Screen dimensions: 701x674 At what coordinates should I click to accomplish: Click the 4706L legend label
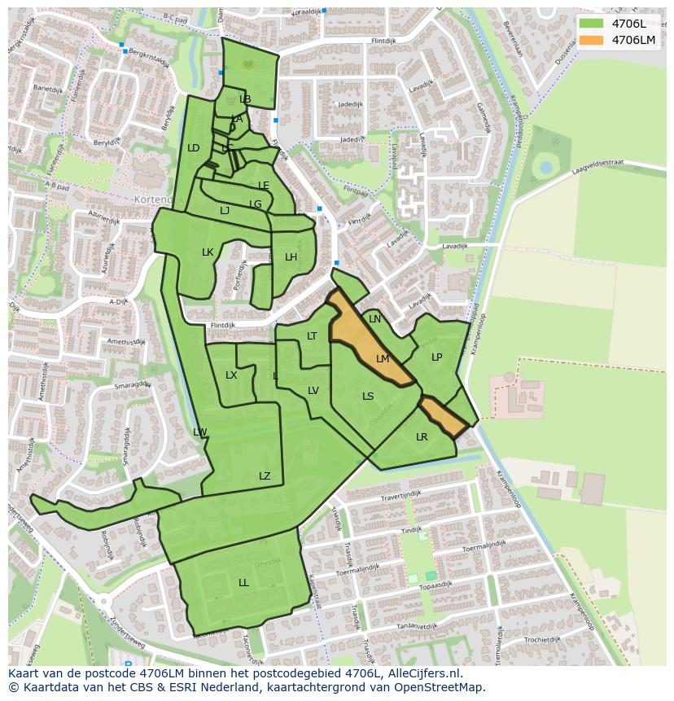point(633,24)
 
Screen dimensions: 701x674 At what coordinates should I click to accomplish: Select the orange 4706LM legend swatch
point(592,40)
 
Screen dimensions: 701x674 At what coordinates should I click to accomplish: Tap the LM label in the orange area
point(383,358)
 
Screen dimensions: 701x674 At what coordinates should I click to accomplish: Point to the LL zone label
point(243,583)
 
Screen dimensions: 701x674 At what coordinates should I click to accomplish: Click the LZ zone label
point(265,476)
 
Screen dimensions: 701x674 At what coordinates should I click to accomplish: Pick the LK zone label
point(208,252)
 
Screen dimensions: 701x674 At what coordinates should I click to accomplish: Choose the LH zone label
point(291,257)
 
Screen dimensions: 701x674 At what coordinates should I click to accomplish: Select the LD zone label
point(193,148)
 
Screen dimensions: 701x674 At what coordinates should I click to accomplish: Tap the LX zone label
point(231,375)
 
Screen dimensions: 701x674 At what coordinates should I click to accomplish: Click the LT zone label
point(312,336)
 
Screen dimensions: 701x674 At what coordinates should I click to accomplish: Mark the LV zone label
point(313,391)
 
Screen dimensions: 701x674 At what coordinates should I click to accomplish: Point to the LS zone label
point(368,397)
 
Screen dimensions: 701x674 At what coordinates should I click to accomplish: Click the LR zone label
point(422,437)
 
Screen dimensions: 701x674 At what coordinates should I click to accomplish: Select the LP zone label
point(436,357)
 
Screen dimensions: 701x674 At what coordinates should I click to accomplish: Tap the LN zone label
point(374,319)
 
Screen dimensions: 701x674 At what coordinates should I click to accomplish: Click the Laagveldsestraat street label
point(597,163)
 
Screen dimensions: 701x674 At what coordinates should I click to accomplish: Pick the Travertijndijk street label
point(398,495)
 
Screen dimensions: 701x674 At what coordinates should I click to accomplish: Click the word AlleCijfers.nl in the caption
point(422,673)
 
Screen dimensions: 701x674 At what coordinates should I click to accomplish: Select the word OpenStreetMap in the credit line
point(439,687)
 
